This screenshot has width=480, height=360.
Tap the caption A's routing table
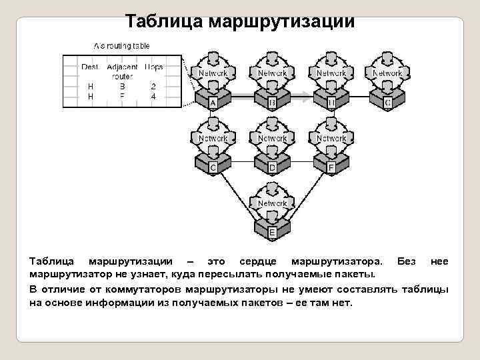tap(121, 46)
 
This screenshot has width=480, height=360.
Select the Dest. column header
tap(90, 67)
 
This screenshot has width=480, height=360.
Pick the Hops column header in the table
tap(153, 67)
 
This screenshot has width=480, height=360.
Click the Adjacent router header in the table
tap(122, 71)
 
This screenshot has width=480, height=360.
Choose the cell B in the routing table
tap(122, 86)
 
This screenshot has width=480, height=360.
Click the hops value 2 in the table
tap(153, 86)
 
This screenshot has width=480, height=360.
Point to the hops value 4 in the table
tap(153, 96)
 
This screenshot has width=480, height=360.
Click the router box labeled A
tap(213, 103)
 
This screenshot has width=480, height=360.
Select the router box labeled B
tap(272, 103)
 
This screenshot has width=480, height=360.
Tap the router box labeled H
tap(331, 103)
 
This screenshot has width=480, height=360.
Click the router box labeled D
tap(272, 167)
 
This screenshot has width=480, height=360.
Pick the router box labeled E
tap(272, 232)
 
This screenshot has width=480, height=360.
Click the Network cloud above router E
tap(272, 203)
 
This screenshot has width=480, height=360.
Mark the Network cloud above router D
tap(272, 139)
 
